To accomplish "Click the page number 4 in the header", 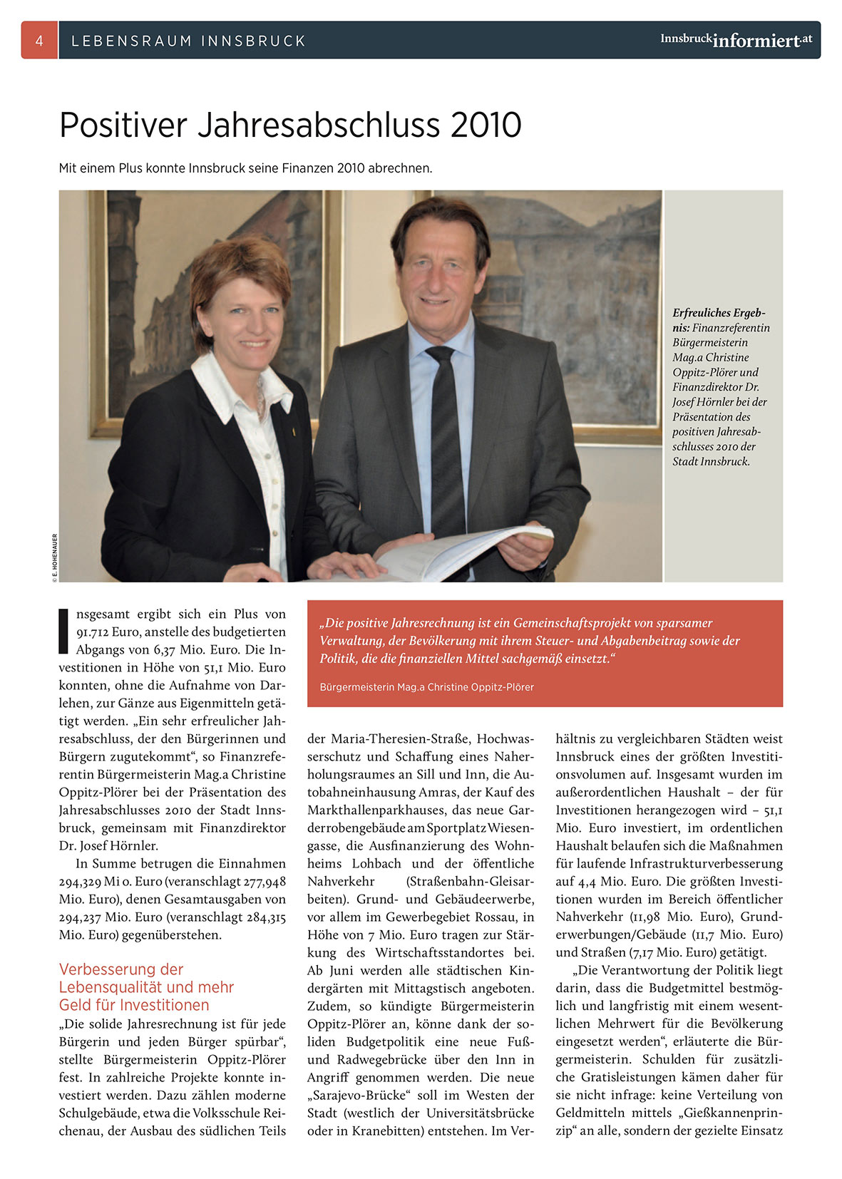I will (39, 41).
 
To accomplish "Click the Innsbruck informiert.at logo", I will (736, 40).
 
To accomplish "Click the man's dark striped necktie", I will (446, 442).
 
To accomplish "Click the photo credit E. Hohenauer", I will (55, 558).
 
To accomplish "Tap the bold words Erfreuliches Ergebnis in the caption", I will (719, 320).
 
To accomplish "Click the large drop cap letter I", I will (63, 632).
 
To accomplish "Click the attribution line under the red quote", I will (426, 687).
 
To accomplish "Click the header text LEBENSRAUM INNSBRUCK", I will (189, 41).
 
